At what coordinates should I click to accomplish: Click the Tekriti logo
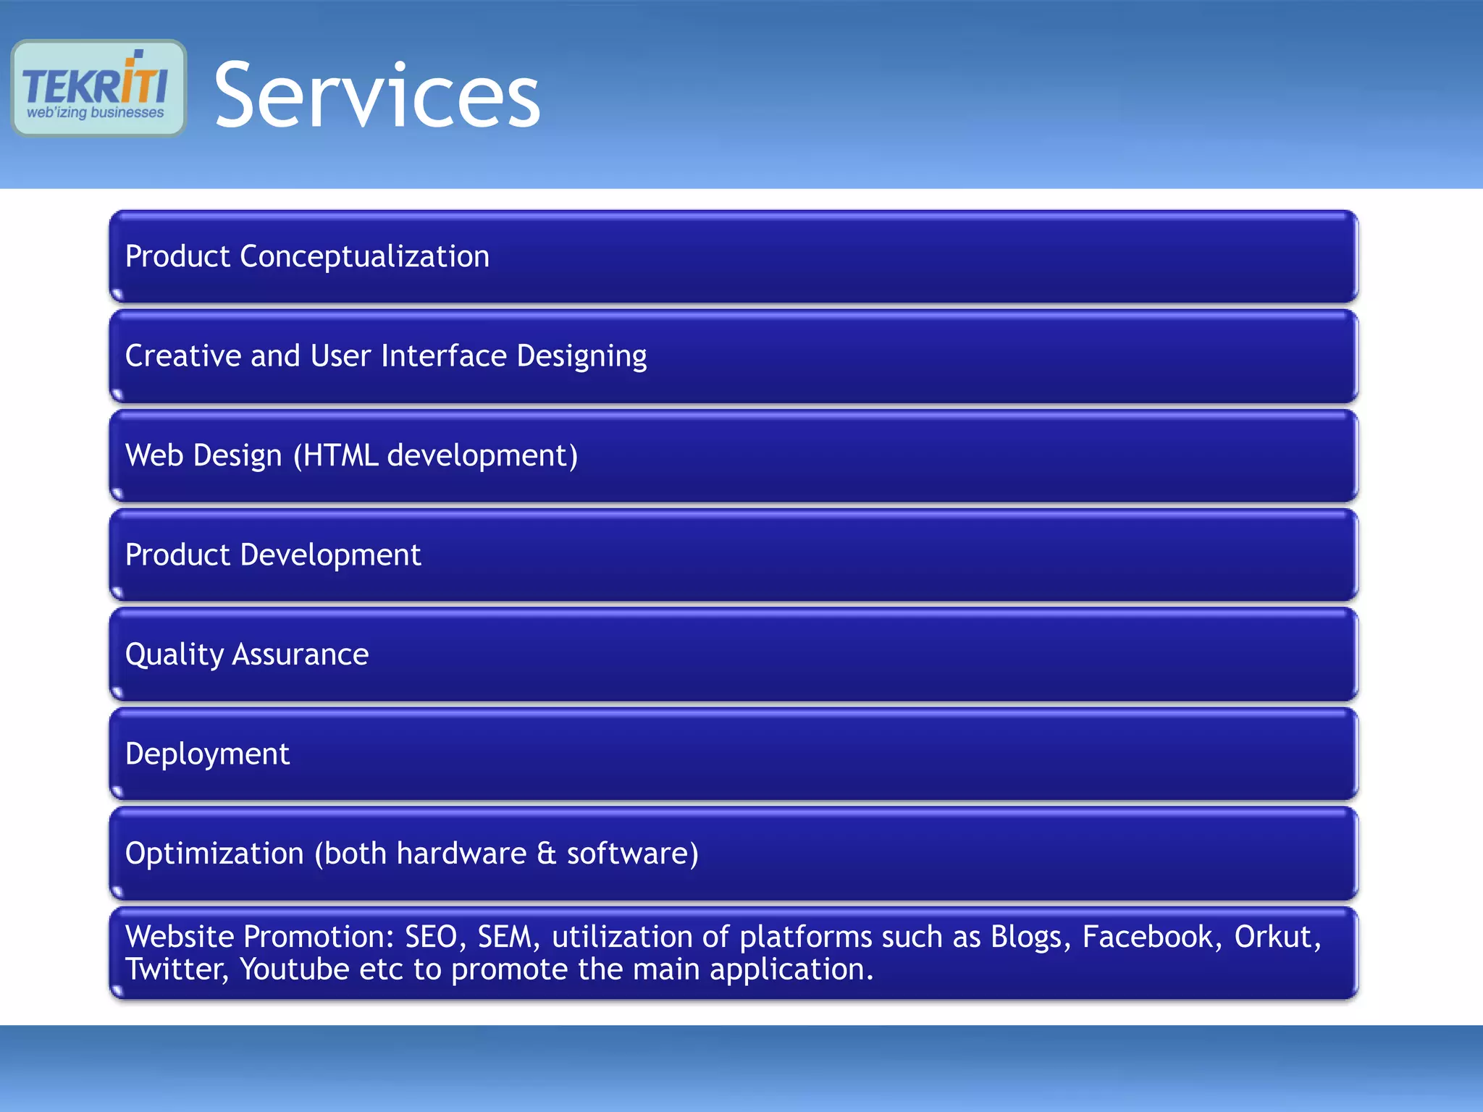(x=98, y=87)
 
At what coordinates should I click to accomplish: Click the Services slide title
(x=377, y=96)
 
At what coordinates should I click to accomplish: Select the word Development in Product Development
(x=330, y=555)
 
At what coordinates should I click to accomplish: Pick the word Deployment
(x=207, y=754)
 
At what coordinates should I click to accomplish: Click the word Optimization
(x=214, y=854)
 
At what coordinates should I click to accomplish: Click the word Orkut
(x=1277, y=937)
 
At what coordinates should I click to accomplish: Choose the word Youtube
(x=294, y=969)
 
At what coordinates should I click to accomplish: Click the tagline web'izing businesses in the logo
(x=96, y=113)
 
